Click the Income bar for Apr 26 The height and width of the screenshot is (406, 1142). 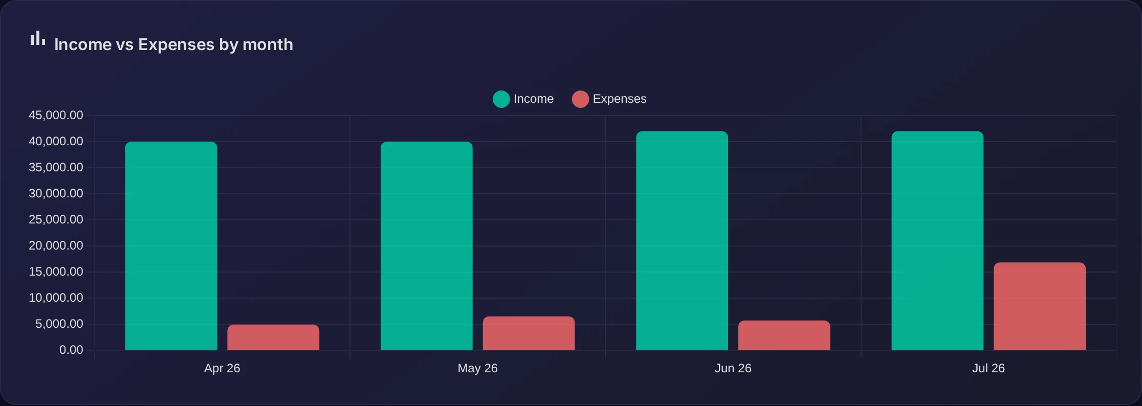pyautogui.click(x=171, y=246)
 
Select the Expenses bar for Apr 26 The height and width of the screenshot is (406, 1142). pyautogui.click(x=273, y=337)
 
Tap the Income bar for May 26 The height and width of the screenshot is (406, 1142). pyautogui.click(x=427, y=246)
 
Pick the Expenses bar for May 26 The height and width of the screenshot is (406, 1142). pyautogui.click(x=529, y=333)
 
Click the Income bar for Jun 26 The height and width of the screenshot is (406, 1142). pyautogui.click(x=682, y=241)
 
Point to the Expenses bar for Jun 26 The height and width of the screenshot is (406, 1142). pyautogui.click(x=784, y=335)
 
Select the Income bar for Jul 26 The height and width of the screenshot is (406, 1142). pyautogui.click(x=937, y=241)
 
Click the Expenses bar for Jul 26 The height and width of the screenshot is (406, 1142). pyautogui.click(x=1040, y=306)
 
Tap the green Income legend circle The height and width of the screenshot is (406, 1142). pyautogui.click(x=501, y=99)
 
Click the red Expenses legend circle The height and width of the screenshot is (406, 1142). pyautogui.click(x=580, y=99)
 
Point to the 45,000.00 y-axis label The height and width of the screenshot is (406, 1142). pyautogui.click(x=56, y=115)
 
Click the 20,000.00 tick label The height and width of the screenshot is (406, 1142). pyautogui.click(x=56, y=245)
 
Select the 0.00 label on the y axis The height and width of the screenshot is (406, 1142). pyautogui.click(x=71, y=350)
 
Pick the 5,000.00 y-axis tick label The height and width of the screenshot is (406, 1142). pyautogui.click(x=59, y=324)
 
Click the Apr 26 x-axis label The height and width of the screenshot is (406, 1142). pyautogui.click(x=222, y=368)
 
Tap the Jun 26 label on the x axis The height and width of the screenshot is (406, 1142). pyautogui.click(x=733, y=368)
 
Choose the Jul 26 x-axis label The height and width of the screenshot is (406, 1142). pyautogui.click(x=989, y=368)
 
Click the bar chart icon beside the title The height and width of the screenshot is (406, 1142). pyautogui.click(x=38, y=38)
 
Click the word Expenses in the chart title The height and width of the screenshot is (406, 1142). pyautogui.click(x=177, y=45)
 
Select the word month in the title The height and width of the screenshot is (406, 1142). pyautogui.click(x=268, y=44)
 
